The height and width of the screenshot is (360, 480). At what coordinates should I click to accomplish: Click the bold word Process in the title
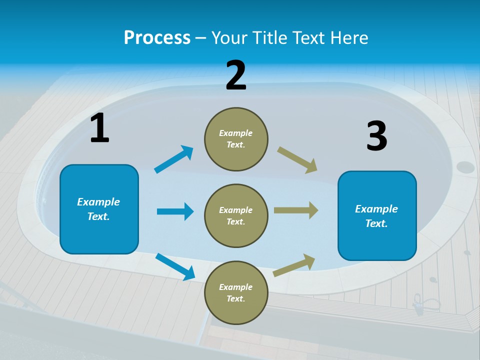[x=157, y=37]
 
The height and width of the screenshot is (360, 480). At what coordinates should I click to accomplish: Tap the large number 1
[x=99, y=128]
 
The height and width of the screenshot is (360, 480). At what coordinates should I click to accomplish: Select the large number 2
[x=236, y=75]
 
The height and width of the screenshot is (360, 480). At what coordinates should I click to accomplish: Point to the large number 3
[x=377, y=136]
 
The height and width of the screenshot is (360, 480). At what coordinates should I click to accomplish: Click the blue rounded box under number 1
[x=99, y=209]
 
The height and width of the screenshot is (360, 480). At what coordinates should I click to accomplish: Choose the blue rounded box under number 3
[x=377, y=216]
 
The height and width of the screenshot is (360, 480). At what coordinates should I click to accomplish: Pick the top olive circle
[x=236, y=139]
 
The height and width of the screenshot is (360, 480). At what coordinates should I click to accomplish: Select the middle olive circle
[x=236, y=215]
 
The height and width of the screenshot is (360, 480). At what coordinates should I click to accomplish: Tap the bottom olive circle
[x=236, y=292]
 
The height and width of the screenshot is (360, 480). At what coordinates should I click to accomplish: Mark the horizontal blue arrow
[x=175, y=211]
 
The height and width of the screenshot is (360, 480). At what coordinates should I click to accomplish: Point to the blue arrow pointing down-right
[x=175, y=266]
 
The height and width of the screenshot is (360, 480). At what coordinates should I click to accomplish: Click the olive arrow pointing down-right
[x=297, y=160]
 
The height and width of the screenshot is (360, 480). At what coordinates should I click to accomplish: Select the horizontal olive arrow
[x=296, y=210]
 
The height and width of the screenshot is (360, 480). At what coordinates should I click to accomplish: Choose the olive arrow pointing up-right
[x=294, y=265]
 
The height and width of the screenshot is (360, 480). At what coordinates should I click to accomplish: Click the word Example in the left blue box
[x=98, y=202]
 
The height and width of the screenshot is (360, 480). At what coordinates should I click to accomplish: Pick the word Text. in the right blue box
[x=376, y=223]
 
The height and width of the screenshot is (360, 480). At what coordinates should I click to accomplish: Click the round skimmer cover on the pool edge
[x=465, y=167]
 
